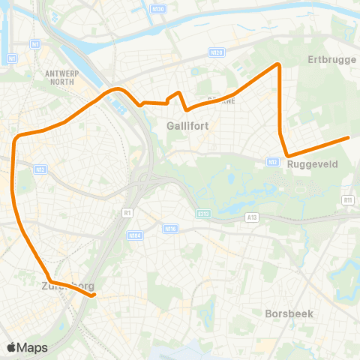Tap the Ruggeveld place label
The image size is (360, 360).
(313, 163)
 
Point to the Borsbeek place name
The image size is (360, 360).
(289, 313)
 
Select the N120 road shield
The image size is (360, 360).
(217, 52)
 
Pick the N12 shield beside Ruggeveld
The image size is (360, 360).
(273, 160)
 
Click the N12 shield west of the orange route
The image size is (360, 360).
(40, 170)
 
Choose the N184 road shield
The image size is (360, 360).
(135, 235)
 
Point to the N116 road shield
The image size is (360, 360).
(170, 229)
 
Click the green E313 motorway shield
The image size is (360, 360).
(204, 214)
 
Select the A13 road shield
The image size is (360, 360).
(251, 216)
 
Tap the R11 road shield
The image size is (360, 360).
(347, 200)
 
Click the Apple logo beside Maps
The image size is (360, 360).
(11, 347)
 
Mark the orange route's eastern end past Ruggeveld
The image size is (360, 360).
(349, 137)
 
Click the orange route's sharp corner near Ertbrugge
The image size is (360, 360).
(279, 64)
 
